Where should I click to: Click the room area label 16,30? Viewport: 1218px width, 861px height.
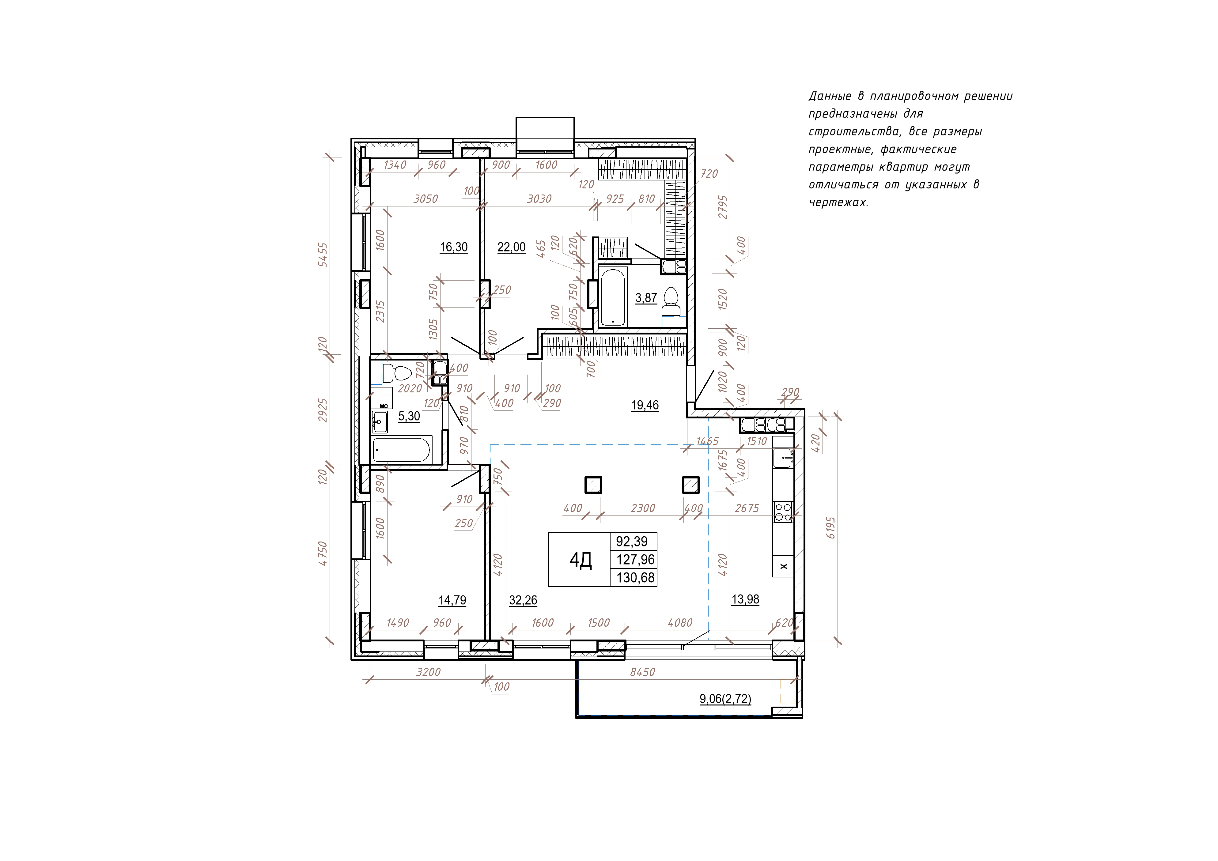pyautogui.click(x=454, y=247)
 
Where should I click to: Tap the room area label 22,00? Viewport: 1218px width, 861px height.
pyautogui.click(x=511, y=247)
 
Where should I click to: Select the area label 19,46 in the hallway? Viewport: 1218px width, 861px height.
pyautogui.click(x=645, y=405)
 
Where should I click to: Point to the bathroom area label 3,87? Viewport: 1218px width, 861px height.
pyautogui.click(x=646, y=298)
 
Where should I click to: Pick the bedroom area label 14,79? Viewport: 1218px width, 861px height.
pyautogui.click(x=452, y=601)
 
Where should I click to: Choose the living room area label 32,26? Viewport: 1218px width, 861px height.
pyautogui.click(x=523, y=601)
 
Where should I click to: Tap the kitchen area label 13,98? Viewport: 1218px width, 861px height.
pyautogui.click(x=745, y=599)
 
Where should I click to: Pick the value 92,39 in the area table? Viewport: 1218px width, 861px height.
pyautogui.click(x=632, y=542)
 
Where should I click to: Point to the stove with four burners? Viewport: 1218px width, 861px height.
pyautogui.click(x=783, y=512)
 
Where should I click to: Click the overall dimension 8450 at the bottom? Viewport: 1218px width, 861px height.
pyautogui.click(x=642, y=672)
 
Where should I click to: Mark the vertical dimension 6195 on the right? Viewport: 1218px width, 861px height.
pyautogui.click(x=831, y=528)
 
